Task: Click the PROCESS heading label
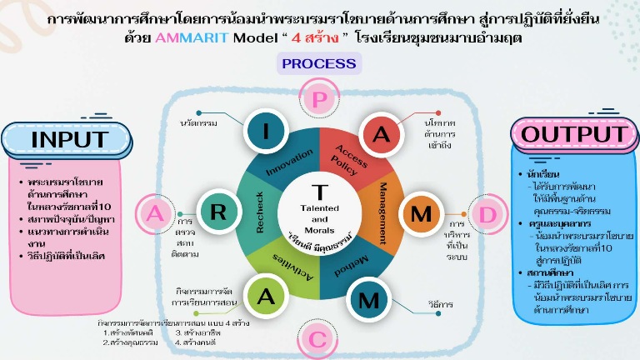[x=319, y=63]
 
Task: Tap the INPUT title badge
[x=69, y=139]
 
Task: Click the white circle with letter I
[x=266, y=131]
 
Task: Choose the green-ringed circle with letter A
[x=265, y=296]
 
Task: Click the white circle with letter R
[x=218, y=211]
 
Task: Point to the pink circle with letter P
[x=319, y=99]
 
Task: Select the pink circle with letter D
[x=487, y=212]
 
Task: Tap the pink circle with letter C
[x=319, y=337]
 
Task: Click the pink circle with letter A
[x=155, y=212]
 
